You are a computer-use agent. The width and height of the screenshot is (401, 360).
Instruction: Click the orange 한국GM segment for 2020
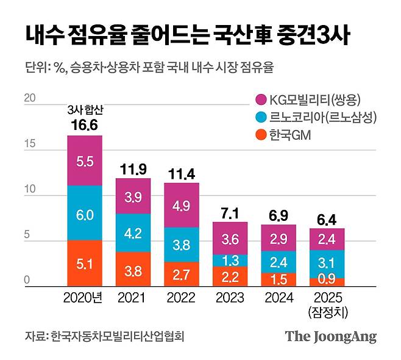[85, 264]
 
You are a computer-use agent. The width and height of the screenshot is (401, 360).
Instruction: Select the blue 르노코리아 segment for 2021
[133, 233]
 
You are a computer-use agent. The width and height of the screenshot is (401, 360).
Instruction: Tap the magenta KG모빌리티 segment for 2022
[182, 205]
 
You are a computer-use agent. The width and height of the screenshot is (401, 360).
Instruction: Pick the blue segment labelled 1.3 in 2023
[230, 260]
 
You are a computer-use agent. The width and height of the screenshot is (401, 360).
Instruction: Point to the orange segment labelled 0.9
[327, 283]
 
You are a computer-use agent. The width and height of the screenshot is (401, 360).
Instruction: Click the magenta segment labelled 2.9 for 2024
[279, 239]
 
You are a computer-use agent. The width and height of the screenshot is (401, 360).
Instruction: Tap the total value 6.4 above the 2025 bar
[327, 218]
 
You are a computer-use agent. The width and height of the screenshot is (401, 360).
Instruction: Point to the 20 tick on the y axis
[29, 98]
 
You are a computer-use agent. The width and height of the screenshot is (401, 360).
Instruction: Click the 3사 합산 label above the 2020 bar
[85, 110]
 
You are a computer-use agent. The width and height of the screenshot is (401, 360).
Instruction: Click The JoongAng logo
[330, 337]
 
